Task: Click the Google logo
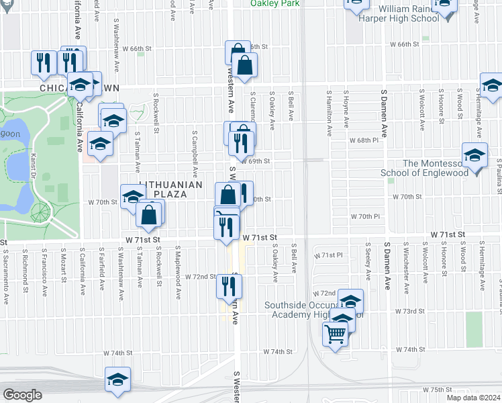22,395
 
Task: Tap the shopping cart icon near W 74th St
335,332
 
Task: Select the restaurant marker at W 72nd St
229,287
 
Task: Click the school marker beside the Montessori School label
475,156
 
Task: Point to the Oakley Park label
276,3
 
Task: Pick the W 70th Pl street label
365,216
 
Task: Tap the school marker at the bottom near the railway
117,379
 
